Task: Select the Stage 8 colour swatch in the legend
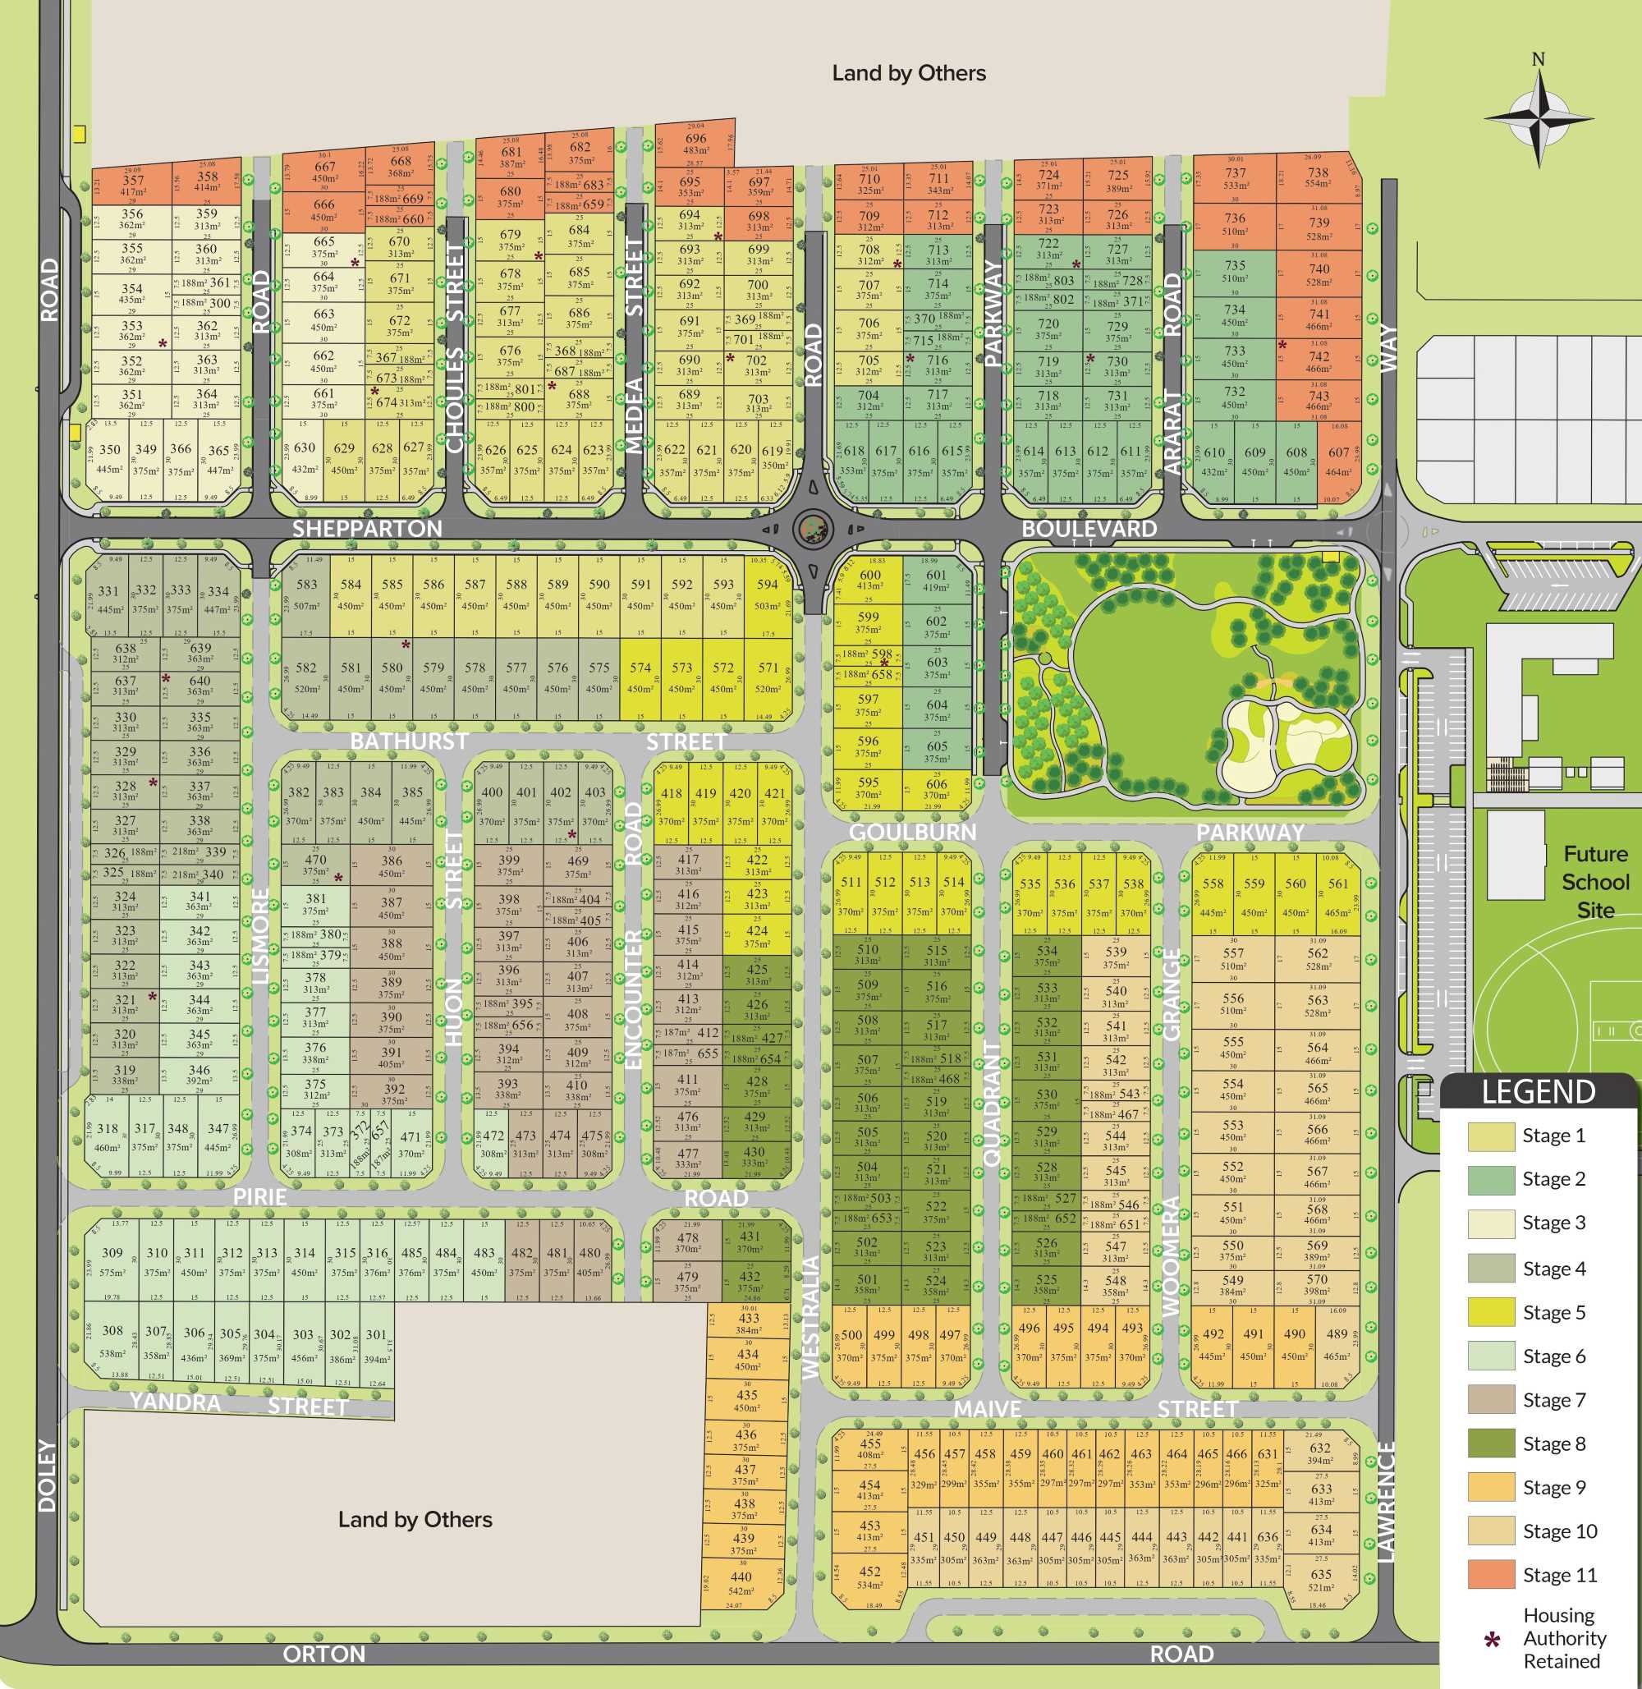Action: [1491, 1443]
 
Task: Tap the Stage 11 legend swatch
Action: [1491, 1574]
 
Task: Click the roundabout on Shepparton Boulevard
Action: [812, 529]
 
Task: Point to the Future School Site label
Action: [1595, 882]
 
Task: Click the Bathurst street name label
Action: [409, 741]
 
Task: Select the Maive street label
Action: [988, 1409]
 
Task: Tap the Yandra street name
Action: [175, 1402]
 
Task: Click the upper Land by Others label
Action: [908, 73]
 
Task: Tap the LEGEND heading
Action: [1538, 1092]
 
